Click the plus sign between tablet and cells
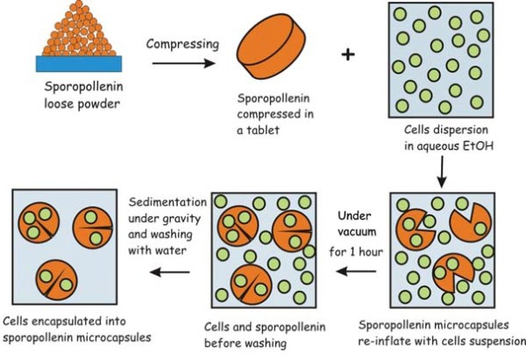pos(349,54)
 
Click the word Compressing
pos(178,44)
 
